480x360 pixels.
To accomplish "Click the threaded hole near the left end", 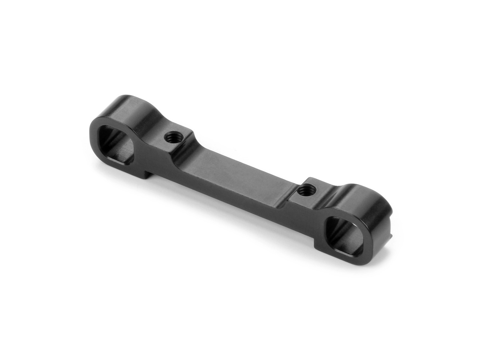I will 173,137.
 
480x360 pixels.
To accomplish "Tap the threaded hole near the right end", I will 307,190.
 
